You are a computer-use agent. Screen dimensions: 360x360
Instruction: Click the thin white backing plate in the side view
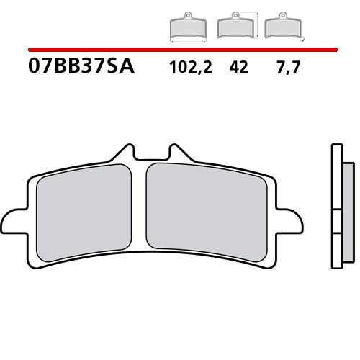pos(336,216)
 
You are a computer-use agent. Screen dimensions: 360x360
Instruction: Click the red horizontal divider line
pos(180,50)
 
